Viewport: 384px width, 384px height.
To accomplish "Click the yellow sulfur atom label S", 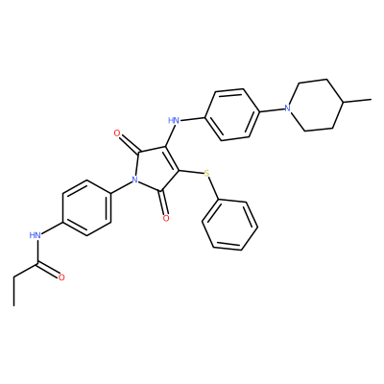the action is (x=207, y=174).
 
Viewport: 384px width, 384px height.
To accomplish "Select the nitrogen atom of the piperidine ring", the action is (x=288, y=108).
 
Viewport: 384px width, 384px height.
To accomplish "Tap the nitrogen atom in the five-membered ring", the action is (x=134, y=180).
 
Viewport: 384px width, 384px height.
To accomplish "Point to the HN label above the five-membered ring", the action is (x=173, y=120).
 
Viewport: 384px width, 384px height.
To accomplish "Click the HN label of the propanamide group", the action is (x=36, y=236).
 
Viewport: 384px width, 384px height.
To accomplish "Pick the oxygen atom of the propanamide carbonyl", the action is (x=61, y=277).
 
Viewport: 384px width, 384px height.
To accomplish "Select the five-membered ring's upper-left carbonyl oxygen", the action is (x=117, y=132).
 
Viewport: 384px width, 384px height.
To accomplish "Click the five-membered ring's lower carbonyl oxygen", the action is (x=166, y=218).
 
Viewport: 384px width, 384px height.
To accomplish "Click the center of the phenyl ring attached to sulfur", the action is (x=230, y=225).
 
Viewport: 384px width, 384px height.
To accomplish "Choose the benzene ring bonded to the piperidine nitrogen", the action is (x=232, y=114).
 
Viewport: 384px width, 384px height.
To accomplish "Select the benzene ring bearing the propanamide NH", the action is (x=87, y=208).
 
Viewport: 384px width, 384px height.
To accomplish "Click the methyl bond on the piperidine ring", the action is (x=358, y=101).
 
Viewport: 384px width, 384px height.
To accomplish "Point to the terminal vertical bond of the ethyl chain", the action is (x=14, y=291).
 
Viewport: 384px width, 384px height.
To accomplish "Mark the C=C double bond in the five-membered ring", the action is (x=171, y=159).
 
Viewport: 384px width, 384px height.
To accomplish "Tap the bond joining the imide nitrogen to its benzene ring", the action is (x=121, y=187).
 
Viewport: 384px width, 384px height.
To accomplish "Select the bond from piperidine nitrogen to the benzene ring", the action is (x=273, y=110).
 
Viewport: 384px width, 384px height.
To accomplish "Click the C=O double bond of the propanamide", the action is (x=49, y=269).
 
